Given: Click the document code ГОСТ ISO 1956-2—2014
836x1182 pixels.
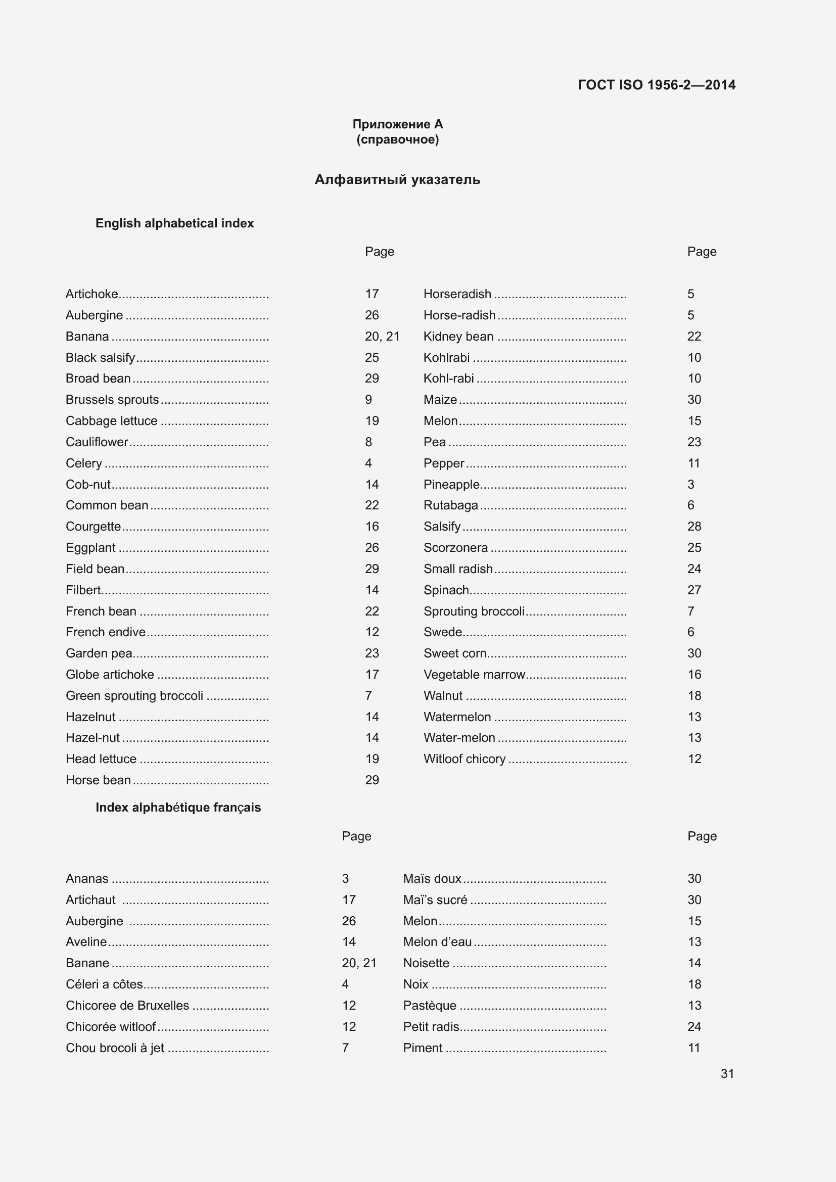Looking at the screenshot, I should pos(657,85).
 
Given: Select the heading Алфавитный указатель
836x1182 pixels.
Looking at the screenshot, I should pos(397,180).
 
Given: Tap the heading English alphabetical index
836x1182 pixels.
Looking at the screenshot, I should pos(174,223).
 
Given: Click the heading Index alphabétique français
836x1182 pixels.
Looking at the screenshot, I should pos(178,807).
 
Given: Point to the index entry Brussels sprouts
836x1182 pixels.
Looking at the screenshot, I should pos(112,400).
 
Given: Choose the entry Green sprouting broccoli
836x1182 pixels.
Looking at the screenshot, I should pos(134,696).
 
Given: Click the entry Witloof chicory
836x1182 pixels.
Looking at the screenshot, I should pos(465,760).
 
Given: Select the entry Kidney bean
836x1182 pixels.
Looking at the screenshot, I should pos(458,337).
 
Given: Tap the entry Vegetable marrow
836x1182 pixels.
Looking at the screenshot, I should pos(474,675).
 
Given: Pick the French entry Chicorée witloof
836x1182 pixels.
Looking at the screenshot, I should pos(111,1027).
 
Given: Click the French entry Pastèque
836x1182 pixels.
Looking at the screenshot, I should pos(429,1006).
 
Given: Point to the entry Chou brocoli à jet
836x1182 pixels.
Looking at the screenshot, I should pos(115,1048).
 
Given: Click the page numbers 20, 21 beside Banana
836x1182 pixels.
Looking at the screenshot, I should pos(382,337).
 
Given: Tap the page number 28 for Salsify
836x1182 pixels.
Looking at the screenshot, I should pos(694,527).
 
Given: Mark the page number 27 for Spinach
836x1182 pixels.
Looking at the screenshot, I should pos(694,590).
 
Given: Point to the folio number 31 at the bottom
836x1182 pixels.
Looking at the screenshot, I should pos(727,1074).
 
